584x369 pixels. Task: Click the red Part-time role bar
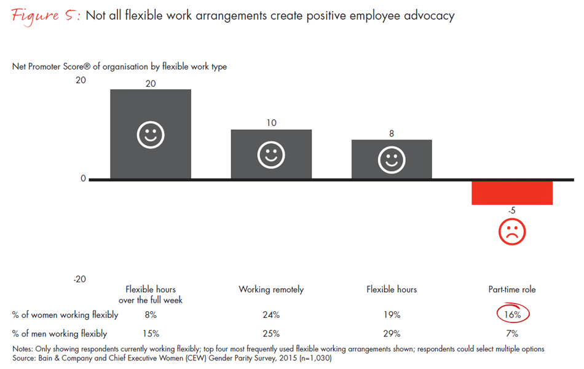point(511,192)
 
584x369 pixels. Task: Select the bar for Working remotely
point(271,154)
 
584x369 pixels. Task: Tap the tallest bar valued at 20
point(151,134)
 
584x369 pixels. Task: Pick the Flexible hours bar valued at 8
point(392,159)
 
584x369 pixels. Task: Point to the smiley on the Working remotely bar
point(271,156)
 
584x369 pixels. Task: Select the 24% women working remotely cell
point(271,315)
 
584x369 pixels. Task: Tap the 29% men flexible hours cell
point(392,334)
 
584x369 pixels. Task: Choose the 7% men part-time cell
point(512,334)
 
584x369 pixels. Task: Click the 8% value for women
point(151,315)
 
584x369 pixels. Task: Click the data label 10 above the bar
point(271,123)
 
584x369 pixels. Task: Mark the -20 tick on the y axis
point(79,279)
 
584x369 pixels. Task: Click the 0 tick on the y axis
point(83,179)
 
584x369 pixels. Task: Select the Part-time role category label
point(512,289)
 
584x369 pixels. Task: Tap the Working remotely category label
point(271,289)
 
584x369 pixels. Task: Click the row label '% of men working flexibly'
point(59,334)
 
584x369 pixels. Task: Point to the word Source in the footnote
point(25,357)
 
